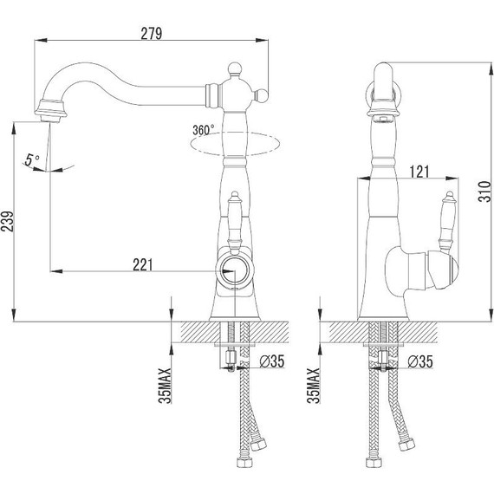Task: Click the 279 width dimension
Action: point(152,34)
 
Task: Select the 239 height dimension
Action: point(7,222)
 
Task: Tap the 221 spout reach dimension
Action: point(143,264)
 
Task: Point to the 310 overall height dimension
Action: point(484,192)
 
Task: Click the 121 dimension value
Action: point(419,172)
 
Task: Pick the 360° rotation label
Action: point(203,130)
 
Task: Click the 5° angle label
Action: point(31,159)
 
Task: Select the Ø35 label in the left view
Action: point(272,361)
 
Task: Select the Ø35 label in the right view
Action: point(420,361)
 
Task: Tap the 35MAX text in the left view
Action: point(165,386)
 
